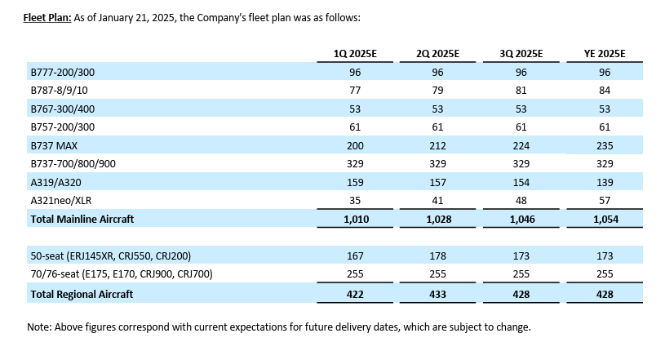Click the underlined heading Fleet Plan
[x=48, y=17]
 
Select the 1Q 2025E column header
[x=355, y=54]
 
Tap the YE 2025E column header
[x=604, y=54]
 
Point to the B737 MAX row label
[x=53, y=144]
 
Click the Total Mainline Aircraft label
[x=82, y=219]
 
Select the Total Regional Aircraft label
[x=82, y=293]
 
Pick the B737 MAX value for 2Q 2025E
[x=438, y=144]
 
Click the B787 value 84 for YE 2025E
[x=604, y=90]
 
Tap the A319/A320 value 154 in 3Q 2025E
[x=521, y=182]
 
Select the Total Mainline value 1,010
[x=355, y=219]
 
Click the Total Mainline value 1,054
[x=604, y=219]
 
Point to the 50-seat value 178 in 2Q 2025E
[x=438, y=256]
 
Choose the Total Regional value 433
[x=438, y=293]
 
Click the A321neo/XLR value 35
[x=355, y=200]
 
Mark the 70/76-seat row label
[x=121, y=275]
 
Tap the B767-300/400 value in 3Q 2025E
[x=521, y=109]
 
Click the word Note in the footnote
[x=40, y=327]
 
